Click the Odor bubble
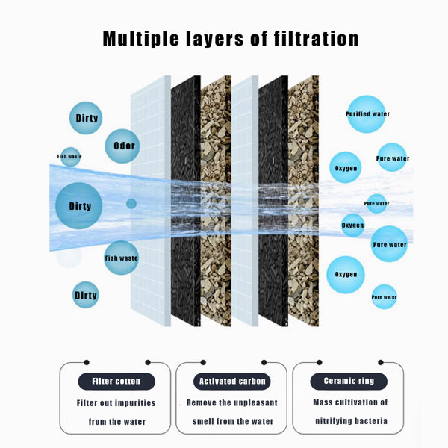[x=122, y=146]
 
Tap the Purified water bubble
[x=367, y=114]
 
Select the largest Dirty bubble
[x=79, y=206]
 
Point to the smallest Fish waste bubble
[x=70, y=157]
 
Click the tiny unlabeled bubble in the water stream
[x=131, y=204]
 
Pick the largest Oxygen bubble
[x=346, y=275]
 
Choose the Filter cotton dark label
[x=116, y=381]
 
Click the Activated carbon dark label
[x=231, y=381]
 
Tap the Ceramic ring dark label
[x=349, y=381]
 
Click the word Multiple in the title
[x=140, y=39]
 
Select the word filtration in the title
[x=316, y=39]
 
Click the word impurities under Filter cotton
[x=135, y=403]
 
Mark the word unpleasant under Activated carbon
[x=255, y=403]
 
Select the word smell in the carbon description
[x=203, y=421]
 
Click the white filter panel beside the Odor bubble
[x=151, y=201]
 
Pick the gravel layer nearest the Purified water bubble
[x=303, y=201]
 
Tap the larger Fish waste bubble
[x=121, y=258]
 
